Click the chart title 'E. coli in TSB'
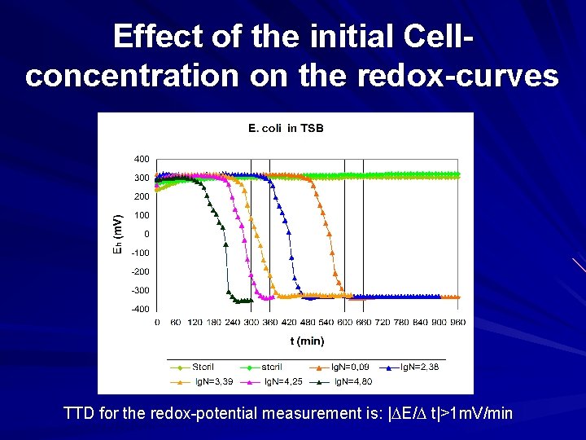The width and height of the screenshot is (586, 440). click(x=286, y=128)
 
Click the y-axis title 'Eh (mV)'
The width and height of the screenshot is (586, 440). click(x=117, y=234)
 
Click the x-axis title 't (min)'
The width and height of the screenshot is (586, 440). click(x=307, y=341)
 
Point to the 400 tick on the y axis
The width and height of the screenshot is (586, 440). click(x=142, y=159)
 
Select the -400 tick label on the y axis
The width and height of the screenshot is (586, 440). click(x=140, y=310)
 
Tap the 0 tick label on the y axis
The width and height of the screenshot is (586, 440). click(x=146, y=235)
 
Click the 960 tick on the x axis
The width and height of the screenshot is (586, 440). click(x=457, y=323)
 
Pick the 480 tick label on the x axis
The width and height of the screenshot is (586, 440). click(x=307, y=323)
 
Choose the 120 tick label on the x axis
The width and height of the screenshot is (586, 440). click(x=195, y=323)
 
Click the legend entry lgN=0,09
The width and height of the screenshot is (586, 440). click(x=348, y=367)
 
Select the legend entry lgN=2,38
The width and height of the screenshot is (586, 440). click(x=422, y=367)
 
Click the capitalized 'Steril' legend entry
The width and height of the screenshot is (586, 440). click(x=203, y=367)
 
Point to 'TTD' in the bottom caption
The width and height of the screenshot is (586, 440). click(x=79, y=414)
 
